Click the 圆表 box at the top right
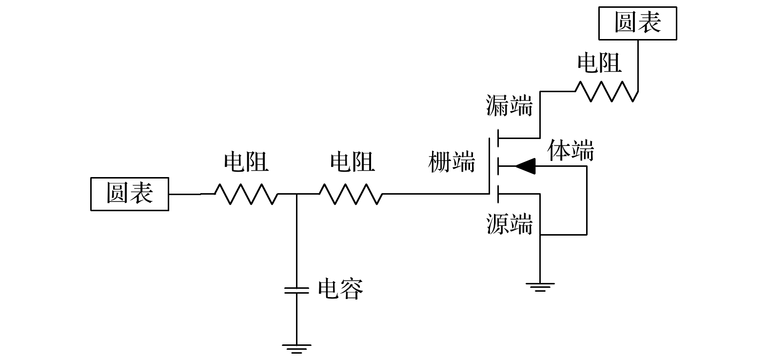(637, 23)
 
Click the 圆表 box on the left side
(130, 194)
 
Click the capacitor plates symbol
(296, 290)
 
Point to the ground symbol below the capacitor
(296, 348)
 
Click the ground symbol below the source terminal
(540, 286)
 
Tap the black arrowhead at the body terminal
(525, 166)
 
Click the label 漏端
(509, 106)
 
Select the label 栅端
(452, 162)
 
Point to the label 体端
(571, 151)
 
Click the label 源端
(509, 224)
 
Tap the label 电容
(340, 289)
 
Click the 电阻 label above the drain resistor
(599, 63)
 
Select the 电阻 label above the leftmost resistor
(246, 162)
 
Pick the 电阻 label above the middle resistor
(352, 162)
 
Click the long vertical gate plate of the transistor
(490, 166)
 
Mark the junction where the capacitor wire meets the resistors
(296, 194)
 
